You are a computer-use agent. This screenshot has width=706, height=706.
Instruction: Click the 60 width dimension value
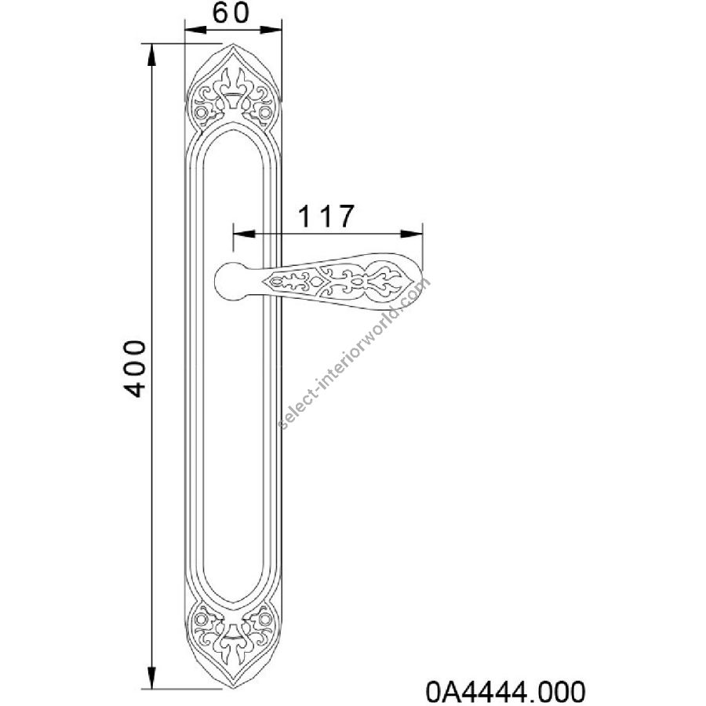pyautogui.click(x=231, y=13)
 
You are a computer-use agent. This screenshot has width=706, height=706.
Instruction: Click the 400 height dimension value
pyautogui.click(x=135, y=369)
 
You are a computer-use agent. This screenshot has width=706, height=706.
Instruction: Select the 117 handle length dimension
pyautogui.click(x=326, y=217)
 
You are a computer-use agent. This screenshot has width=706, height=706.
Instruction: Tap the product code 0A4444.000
pyautogui.click(x=505, y=691)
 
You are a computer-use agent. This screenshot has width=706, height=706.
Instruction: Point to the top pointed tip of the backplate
pyautogui.click(x=233, y=44)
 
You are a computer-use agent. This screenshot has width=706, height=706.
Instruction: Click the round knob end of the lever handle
pyautogui.click(x=231, y=280)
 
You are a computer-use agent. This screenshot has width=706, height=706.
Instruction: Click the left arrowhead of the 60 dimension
pyautogui.click(x=195, y=30)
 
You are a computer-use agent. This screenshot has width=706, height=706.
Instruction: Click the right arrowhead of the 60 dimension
pyautogui.click(x=271, y=30)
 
